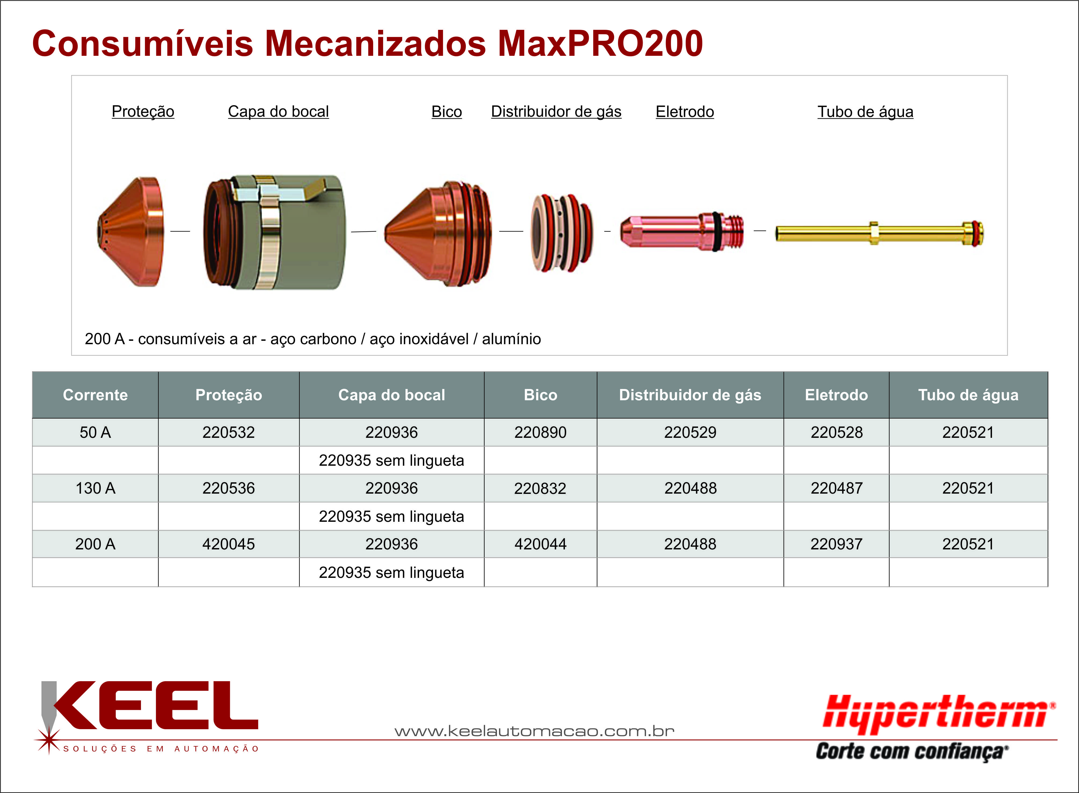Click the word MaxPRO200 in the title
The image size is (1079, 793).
click(x=601, y=44)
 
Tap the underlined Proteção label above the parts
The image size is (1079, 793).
click(x=143, y=111)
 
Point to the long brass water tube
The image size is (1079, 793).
click(x=879, y=233)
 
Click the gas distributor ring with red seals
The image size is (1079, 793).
click(x=562, y=233)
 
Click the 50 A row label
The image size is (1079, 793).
click(x=95, y=432)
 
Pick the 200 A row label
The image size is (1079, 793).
click(x=95, y=544)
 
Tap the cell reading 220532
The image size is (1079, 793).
click(x=229, y=432)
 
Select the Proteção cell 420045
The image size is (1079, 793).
click(x=229, y=544)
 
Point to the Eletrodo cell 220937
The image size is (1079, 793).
click(x=836, y=544)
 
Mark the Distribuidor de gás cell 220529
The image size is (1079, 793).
click(x=690, y=432)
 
